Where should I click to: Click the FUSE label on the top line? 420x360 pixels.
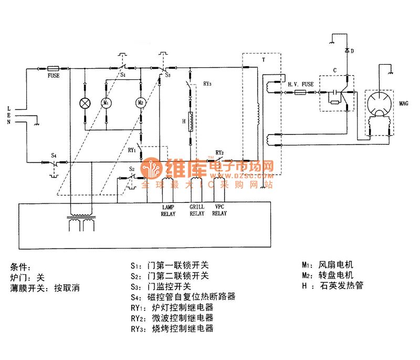pyautogui.click(x=53, y=76)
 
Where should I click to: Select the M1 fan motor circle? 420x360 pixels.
pyautogui.click(x=106, y=102)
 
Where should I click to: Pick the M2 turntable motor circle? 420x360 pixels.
pyautogui.click(x=140, y=102)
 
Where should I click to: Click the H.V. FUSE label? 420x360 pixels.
pyautogui.click(x=301, y=84)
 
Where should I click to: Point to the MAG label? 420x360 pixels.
pyautogui.click(x=403, y=104)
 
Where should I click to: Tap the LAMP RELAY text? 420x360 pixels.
pyautogui.click(x=169, y=210)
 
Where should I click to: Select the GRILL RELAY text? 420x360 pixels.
pyautogui.click(x=197, y=210)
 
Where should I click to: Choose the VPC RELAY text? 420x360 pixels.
pyautogui.click(x=220, y=210)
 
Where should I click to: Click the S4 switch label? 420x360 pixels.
pyautogui.click(x=54, y=156)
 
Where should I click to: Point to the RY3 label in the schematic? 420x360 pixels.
pyautogui.click(x=207, y=84)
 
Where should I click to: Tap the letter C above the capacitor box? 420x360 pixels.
pyautogui.click(x=334, y=70)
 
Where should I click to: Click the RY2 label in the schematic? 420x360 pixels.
pyautogui.click(x=219, y=153)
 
